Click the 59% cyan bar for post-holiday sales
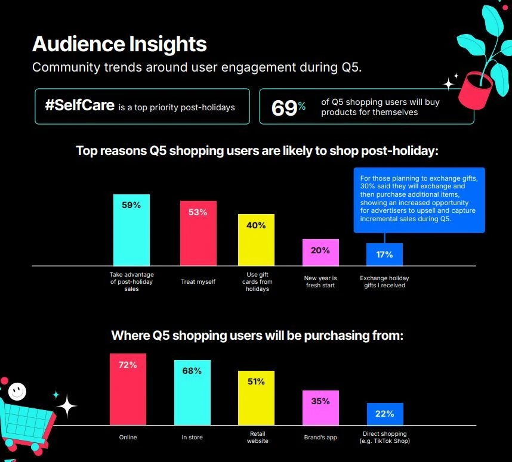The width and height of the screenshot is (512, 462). click(131, 230)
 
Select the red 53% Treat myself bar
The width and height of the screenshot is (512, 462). click(198, 233)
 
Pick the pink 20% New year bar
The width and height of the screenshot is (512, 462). click(320, 252)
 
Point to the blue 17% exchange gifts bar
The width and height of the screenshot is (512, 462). click(384, 255)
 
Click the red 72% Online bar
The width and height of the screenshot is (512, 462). click(128, 389)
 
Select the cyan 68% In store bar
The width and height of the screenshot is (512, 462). click(192, 392)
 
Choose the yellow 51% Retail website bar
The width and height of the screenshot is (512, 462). click(256, 398)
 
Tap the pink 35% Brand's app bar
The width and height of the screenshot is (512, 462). click(320, 408)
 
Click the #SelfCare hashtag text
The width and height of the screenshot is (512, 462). click(80, 106)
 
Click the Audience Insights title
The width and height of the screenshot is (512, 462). click(119, 44)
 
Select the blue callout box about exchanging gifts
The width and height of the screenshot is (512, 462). click(419, 200)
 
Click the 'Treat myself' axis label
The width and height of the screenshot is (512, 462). click(198, 281)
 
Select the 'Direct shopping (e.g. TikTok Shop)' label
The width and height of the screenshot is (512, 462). click(385, 437)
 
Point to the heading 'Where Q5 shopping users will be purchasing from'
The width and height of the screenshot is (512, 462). click(257, 336)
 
